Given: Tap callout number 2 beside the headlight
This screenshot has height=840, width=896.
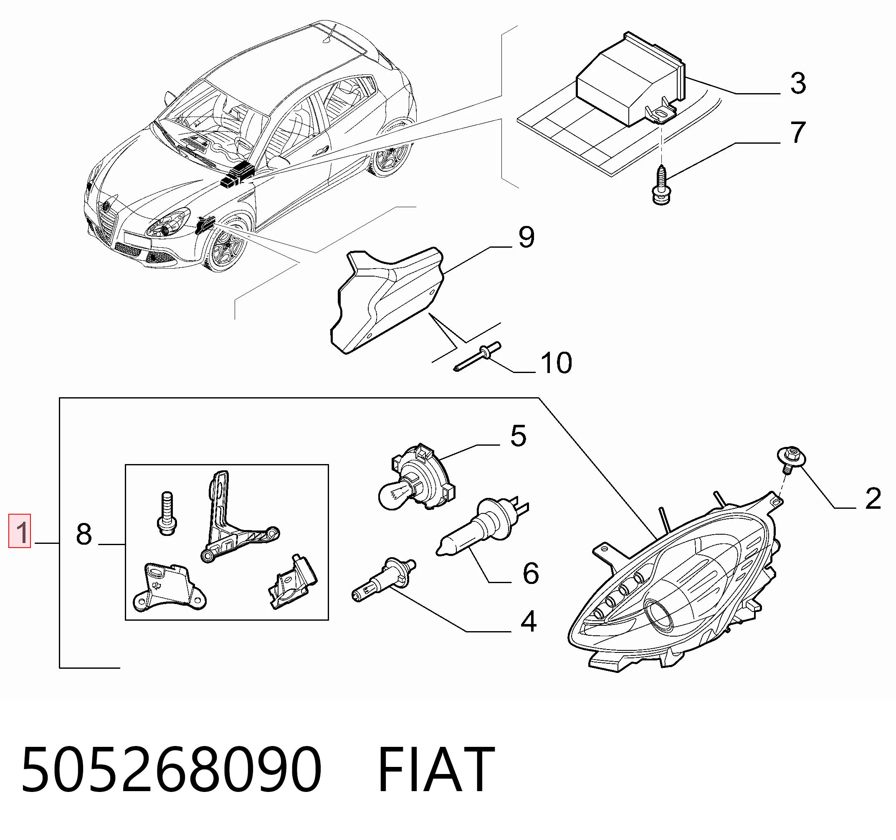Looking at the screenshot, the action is point(873,499).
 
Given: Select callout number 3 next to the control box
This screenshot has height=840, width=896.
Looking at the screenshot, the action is point(798,83).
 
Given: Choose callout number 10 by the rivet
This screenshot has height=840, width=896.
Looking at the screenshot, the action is point(556,363).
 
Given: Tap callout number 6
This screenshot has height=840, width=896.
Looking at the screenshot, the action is point(531,573).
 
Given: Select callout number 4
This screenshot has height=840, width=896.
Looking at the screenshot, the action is point(529,621).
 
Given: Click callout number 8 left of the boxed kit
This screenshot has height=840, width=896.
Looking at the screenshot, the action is point(84,534).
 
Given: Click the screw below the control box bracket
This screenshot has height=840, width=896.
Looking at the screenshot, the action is point(661,185).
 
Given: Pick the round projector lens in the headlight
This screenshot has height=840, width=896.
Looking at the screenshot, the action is point(659,616).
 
